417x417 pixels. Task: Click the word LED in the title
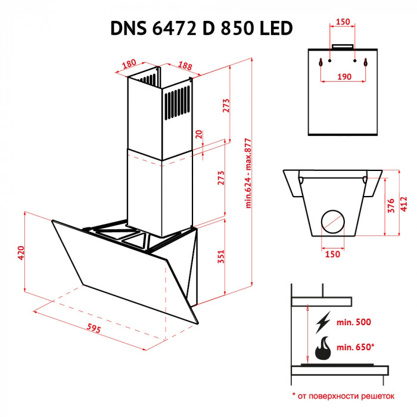(273, 28)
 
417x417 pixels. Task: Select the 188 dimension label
(185, 66)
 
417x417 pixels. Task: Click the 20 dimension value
(199, 135)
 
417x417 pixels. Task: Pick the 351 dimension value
(221, 256)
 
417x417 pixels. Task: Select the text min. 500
(353, 322)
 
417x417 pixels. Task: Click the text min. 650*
(356, 347)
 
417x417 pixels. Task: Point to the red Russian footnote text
(343, 395)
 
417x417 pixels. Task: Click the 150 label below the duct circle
(332, 254)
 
